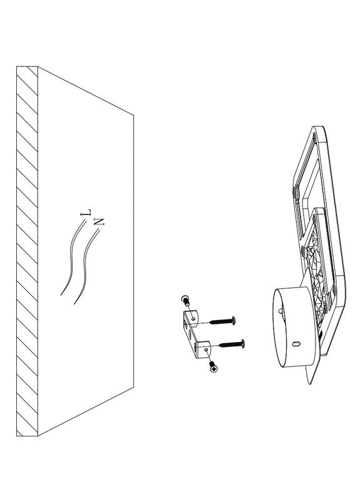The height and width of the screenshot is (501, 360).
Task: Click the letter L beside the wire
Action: (x=86, y=212)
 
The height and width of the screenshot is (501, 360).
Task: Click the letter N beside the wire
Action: (x=99, y=222)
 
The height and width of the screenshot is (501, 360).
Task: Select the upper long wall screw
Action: (x=222, y=321)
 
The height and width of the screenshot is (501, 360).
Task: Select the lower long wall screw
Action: (x=232, y=344)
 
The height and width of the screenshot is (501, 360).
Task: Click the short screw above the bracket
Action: (x=186, y=301)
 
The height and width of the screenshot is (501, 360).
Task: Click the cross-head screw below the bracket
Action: (x=213, y=366)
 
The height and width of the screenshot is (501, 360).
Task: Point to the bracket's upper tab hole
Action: (x=193, y=318)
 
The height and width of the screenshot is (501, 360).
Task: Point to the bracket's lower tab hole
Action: (x=206, y=350)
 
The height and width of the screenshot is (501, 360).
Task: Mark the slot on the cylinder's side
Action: (x=296, y=344)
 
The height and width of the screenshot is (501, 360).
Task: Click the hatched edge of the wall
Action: (x=27, y=251)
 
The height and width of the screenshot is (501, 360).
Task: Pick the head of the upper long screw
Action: (x=234, y=321)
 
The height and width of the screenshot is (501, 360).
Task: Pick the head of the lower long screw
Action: (x=243, y=344)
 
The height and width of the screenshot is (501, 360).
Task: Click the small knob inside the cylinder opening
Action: (x=280, y=310)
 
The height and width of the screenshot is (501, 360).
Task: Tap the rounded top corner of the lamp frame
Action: (x=318, y=130)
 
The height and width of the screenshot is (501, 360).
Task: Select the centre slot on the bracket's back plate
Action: (x=191, y=336)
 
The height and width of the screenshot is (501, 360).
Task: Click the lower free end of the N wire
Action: (x=74, y=304)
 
